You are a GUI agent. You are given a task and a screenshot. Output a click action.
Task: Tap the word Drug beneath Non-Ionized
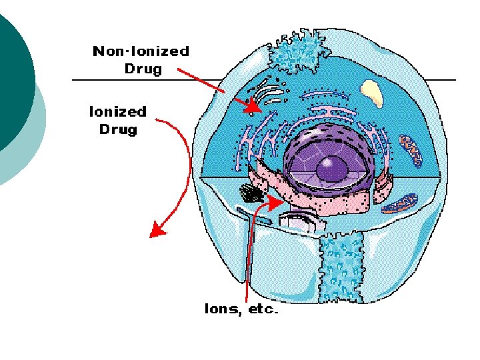tap(143, 69)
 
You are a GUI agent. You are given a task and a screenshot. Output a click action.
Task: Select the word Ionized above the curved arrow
tap(117, 112)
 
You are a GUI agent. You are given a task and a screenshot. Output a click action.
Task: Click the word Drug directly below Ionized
tap(118, 129)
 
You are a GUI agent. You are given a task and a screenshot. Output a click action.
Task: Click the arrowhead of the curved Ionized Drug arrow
tap(157, 231)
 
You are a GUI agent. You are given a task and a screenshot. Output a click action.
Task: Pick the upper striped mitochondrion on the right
tap(411, 150)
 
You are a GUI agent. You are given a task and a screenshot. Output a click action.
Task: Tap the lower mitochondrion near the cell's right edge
tap(403, 203)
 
